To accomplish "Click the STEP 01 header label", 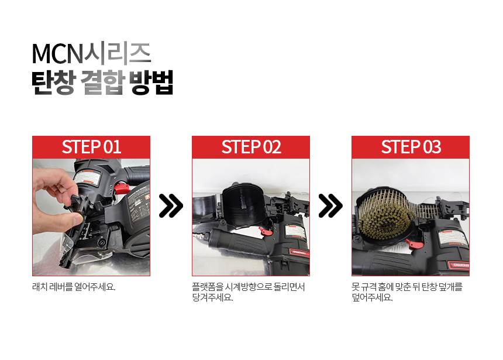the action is pyautogui.click(x=91, y=147).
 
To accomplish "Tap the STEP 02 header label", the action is pyautogui.click(x=251, y=147).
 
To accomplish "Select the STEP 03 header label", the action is pyautogui.click(x=411, y=147).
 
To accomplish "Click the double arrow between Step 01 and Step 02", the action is pyautogui.click(x=171, y=205).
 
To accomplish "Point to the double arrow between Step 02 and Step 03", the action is pyautogui.click(x=330, y=205).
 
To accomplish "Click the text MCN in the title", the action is pyautogui.click(x=57, y=54).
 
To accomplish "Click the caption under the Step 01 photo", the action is pyautogui.click(x=74, y=286).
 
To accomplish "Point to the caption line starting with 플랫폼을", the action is pyautogui.click(x=249, y=286).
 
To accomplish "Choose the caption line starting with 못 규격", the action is pyautogui.click(x=406, y=286).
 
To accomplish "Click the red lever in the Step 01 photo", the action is pyautogui.click(x=121, y=188).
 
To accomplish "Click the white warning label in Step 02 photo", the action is pyautogui.click(x=295, y=232).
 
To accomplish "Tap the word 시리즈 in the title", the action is pyautogui.click(x=118, y=54).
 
